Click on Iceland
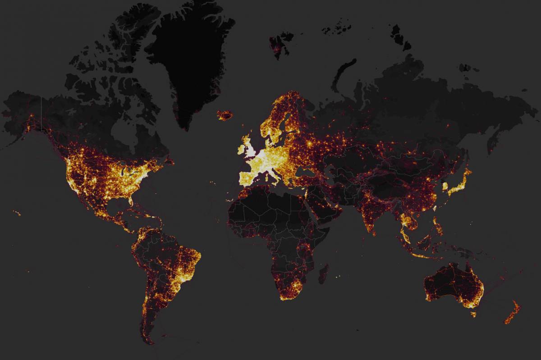tap(225, 115)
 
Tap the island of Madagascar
tap(324, 274)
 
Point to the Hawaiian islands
tap(17, 213)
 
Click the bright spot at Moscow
tap(310, 143)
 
